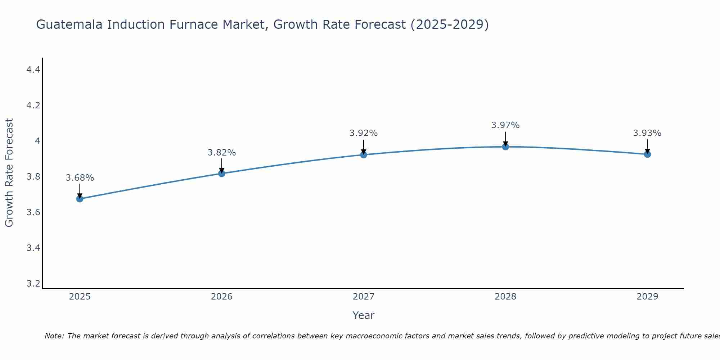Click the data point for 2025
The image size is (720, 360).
pyautogui.click(x=80, y=199)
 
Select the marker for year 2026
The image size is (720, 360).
pyautogui.click(x=221, y=174)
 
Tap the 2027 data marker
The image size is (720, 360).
pyautogui.click(x=364, y=155)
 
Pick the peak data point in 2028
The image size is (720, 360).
pyautogui.click(x=505, y=147)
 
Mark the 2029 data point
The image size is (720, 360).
pyautogui.click(x=647, y=154)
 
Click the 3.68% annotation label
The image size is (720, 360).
pyautogui.click(x=80, y=178)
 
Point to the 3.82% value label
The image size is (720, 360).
pyautogui.click(x=221, y=153)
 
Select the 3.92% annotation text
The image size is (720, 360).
pyautogui.click(x=364, y=133)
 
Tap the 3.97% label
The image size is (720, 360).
pyautogui.click(x=505, y=125)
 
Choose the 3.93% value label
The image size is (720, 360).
pyautogui.click(x=647, y=133)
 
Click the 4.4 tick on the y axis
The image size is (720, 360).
pyautogui.click(x=33, y=70)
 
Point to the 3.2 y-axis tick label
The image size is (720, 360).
pyautogui.click(x=33, y=284)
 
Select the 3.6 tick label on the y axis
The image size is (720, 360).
pyautogui.click(x=33, y=212)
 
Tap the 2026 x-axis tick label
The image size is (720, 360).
pyautogui.click(x=221, y=297)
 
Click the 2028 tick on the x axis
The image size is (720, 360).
pyautogui.click(x=505, y=297)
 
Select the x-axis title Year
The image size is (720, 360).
pyautogui.click(x=364, y=315)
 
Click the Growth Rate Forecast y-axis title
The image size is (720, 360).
pyautogui.click(x=9, y=173)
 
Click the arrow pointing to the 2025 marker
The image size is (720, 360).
pyautogui.click(x=80, y=190)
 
